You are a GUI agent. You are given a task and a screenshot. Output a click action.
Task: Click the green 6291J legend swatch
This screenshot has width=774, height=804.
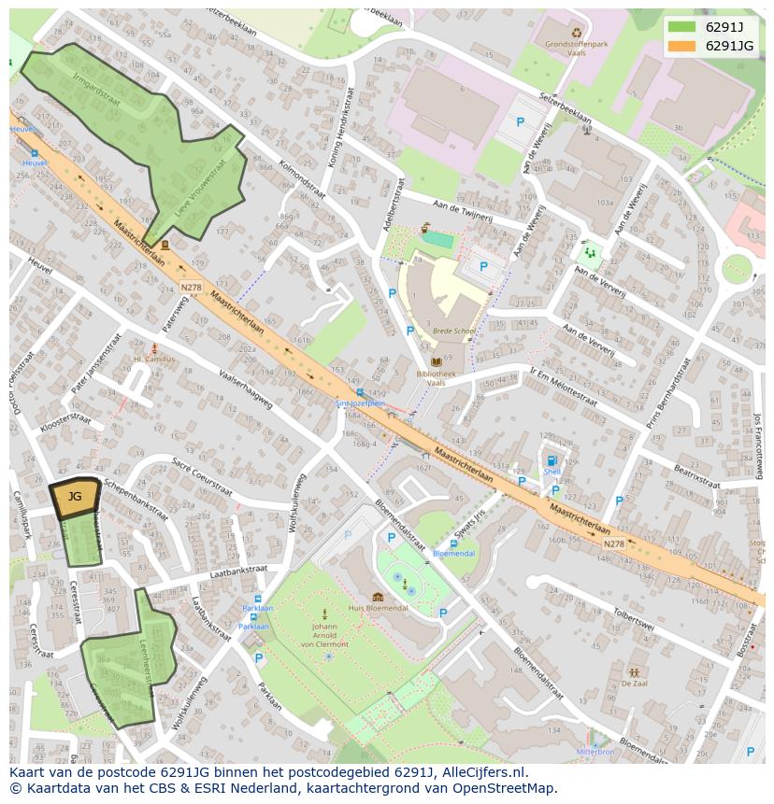[681, 27]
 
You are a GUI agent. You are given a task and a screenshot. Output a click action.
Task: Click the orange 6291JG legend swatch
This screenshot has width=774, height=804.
[681, 46]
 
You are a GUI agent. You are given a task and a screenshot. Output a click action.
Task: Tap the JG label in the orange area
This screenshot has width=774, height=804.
[75, 497]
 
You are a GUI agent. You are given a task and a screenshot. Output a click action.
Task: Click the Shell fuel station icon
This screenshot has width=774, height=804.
[552, 460]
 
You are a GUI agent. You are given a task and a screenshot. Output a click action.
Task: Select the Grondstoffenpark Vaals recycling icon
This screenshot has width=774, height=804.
[576, 31]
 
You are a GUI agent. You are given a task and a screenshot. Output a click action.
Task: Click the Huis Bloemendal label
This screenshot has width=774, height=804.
[378, 608]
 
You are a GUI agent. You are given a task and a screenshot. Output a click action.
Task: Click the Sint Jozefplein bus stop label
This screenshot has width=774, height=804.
[361, 403]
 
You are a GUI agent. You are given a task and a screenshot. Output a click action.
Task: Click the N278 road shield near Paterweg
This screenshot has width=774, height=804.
[191, 287]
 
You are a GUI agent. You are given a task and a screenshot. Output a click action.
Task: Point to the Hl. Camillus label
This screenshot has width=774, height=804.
[154, 359]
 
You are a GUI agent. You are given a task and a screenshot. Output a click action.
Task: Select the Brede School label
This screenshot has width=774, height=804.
[454, 331]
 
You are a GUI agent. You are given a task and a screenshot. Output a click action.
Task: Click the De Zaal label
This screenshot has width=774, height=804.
[635, 684]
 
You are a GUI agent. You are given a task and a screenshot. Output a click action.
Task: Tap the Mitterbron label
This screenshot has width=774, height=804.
[595, 751]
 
